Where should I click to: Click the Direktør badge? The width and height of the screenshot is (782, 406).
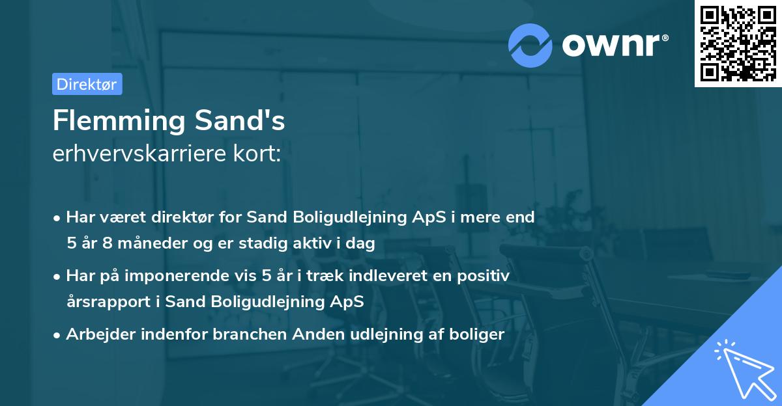(87, 84)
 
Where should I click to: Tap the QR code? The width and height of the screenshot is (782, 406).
(738, 43)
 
